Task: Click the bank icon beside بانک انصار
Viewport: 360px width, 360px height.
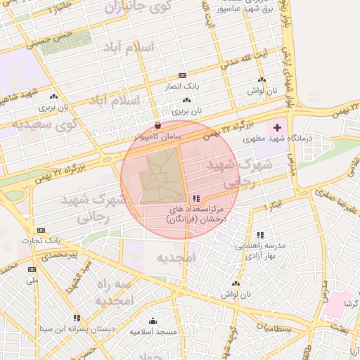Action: coord(182,76)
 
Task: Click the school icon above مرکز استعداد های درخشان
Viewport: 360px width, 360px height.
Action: coord(195,199)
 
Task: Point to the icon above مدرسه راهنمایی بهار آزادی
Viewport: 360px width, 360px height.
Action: coord(260,235)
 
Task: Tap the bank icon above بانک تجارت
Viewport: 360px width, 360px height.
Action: coord(41,230)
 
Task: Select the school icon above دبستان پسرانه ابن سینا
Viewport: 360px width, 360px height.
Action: coord(76,318)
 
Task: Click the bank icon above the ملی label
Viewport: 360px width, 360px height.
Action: coord(32,269)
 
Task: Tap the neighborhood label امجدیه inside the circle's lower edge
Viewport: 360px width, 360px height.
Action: coord(174,257)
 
